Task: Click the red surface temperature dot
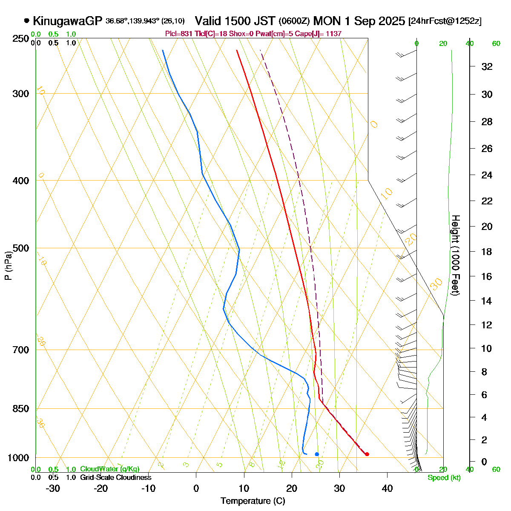click(x=367, y=454)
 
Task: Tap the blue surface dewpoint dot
click(x=317, y=454)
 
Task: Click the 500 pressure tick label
click(x=21, y=248)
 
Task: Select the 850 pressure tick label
click(x=21, y=409)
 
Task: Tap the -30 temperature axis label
click(x=52, y=488)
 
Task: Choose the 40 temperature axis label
click(x=387, y=488)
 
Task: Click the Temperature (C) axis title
click(x=253, y=501)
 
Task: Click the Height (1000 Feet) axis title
click(x=455, y=255)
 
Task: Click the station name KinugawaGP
click(x=67, y=20)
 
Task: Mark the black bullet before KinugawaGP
click(x=27, y=20)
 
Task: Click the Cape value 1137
click(x=333, y=34)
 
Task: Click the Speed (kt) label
click(x=444, y=478)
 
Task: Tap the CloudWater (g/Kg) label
click(x=109, y=469)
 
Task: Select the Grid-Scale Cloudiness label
click(x=115, y=478)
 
